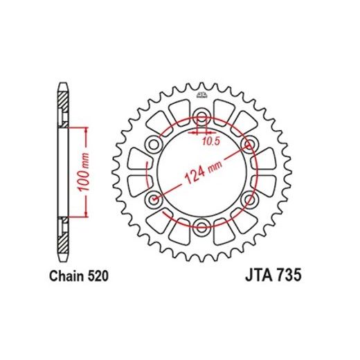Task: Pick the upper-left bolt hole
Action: (154, 143)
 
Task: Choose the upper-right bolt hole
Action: (248, 143)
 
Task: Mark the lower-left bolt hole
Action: (154, 199)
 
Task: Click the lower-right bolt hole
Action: (248, 199)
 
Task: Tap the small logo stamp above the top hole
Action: (201, 95)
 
